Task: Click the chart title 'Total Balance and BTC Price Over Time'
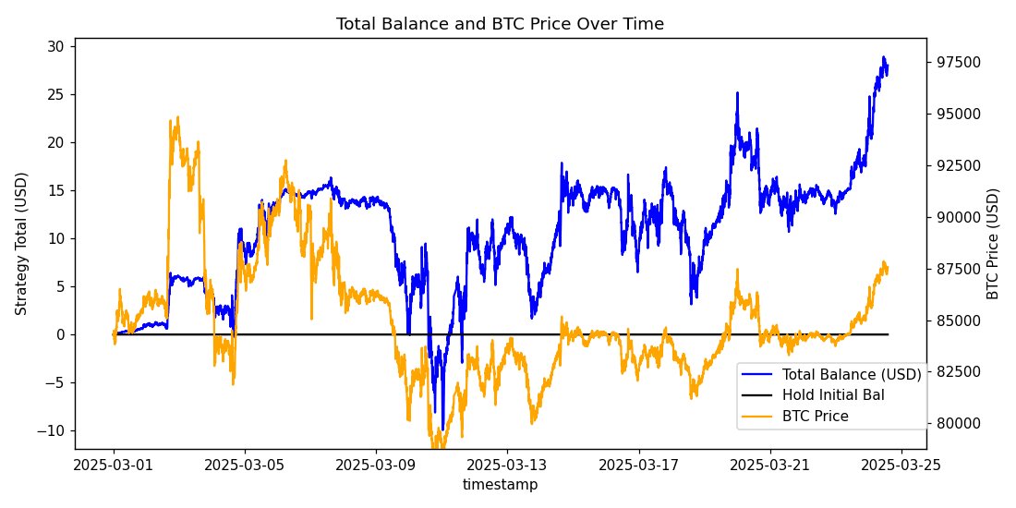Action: pos(500,24)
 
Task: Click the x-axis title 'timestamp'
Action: pos(500,484)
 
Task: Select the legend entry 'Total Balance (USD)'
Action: pos(851,374)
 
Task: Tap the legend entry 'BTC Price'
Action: pos(815,417)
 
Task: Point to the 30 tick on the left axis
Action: pos(55,46)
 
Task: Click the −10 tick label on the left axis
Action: pos(52,430)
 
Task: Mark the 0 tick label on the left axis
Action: pos(59,334)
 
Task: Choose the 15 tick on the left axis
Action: pos(55,190)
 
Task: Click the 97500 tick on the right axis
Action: pos(956,62)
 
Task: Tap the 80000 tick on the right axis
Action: pos(956,424)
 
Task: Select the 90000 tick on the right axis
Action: pos(956,217)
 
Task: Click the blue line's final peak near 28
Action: pos(883,57)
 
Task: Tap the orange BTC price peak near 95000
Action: pos(176,117)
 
